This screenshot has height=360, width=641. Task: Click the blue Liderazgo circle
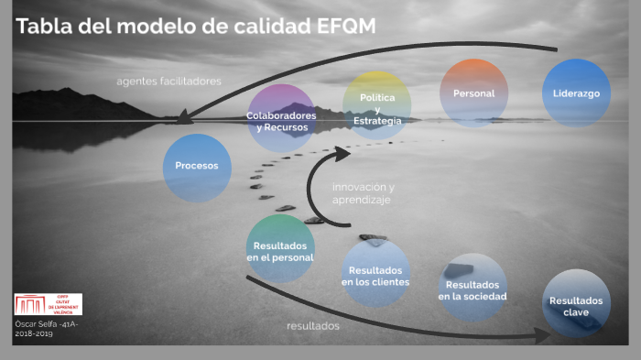[576, 93]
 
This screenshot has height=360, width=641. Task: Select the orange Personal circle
[473, 93]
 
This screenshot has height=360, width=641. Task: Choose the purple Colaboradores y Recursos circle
[281, 118]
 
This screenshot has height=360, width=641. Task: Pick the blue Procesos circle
[197, 167]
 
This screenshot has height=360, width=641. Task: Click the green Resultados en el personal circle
[280, 249]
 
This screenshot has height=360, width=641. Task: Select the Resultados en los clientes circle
[375, 274]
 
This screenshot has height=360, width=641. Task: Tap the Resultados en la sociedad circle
[473, 288]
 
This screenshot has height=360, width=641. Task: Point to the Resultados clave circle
[576, 303]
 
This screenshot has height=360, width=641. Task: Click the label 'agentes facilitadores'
[168, 81]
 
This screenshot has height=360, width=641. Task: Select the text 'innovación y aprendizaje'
[363, 192]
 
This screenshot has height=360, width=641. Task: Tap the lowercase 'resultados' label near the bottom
[313, 325]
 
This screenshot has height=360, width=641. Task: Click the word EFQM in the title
[345, 27]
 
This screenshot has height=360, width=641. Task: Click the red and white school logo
[48, 304]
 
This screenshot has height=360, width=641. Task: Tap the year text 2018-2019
[34, 334]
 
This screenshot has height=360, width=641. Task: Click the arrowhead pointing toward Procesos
[183, 117]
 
